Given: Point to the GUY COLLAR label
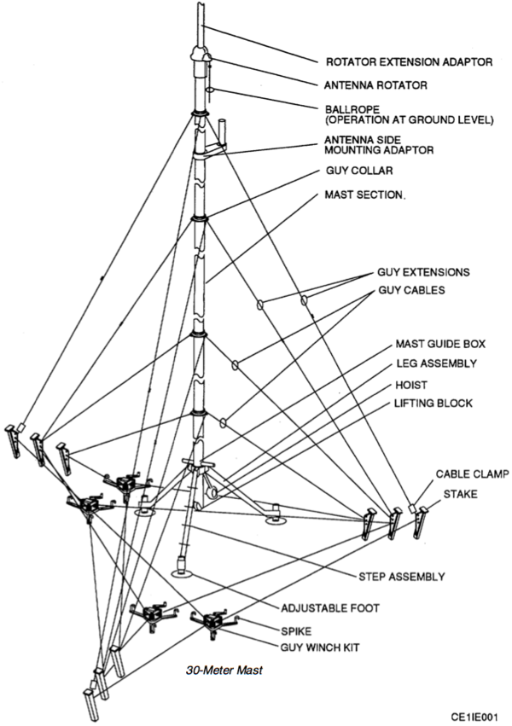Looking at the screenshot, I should (358, 171).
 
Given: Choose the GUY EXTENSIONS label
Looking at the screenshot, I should (423, 273).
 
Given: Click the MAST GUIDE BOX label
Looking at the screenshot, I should (439, 345).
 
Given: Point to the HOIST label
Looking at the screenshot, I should (411, 383).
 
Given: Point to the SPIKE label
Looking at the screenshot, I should (297, 632).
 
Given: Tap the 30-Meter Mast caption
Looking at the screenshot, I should (224, 671).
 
